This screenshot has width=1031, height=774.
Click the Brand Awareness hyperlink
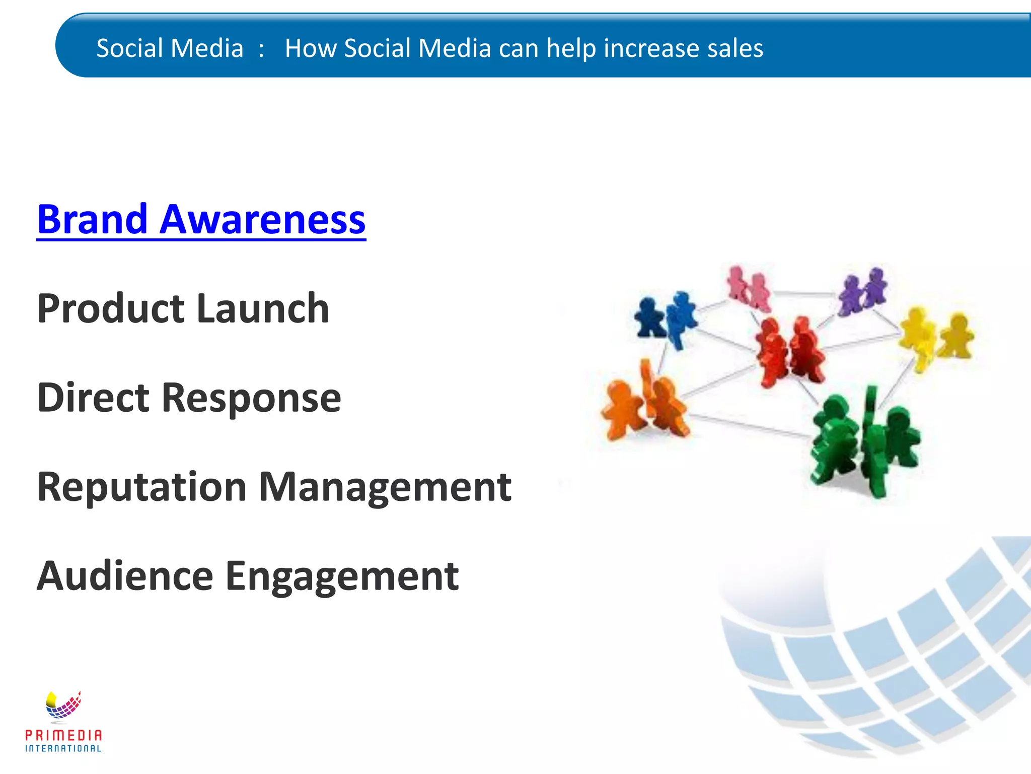pyautogui.click(x=201, y=220)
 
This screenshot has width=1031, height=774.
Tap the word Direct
pyautogui.click(x=93, y=398)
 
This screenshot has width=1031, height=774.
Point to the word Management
pyautogui.click(x=385, y=487)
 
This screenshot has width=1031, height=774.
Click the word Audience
pyautogui.click(x=125, y=576)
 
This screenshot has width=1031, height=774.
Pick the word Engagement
pyautogui.click(x=342, y=577)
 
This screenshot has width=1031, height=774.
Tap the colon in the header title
pyautogui.click(x=261, y=49)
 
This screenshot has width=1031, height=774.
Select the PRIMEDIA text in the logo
pyautogui.click(x=63, y=736)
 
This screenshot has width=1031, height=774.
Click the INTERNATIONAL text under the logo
pyautogui.click(x=63, y=749)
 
